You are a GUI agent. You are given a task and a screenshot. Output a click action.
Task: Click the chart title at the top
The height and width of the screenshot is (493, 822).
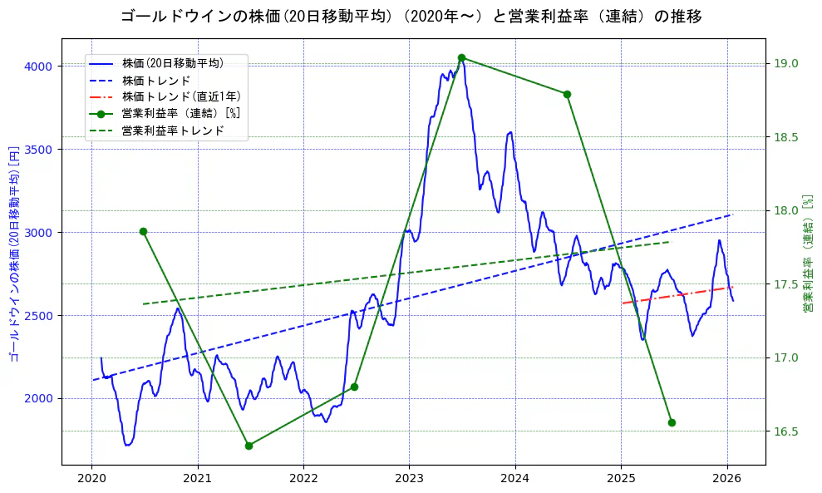click(x=411, y=16)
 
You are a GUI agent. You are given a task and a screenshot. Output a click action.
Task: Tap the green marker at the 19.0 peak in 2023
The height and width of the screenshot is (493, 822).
click(x=461, y=58)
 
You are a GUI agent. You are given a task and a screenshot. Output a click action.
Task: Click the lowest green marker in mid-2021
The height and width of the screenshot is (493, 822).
click(x=249, y=446)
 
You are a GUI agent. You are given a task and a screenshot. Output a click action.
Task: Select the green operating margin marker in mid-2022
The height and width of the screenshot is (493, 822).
click(x=354, y=387)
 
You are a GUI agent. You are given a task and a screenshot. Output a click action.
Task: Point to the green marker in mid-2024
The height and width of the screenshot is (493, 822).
click(x=567, y=94)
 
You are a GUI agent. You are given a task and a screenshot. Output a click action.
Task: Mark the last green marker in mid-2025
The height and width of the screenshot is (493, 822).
click(x=672, y=422)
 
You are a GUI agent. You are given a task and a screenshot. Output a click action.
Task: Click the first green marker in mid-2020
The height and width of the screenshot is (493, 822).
click(x=143, y=231)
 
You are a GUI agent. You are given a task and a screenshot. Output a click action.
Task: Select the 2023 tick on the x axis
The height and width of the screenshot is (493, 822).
click(x=409, y=478)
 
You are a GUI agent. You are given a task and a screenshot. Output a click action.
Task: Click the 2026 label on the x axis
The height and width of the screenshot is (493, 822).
click(x=727, y=478)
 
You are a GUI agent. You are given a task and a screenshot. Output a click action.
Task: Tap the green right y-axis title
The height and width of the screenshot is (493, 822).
click(x=808, y=254)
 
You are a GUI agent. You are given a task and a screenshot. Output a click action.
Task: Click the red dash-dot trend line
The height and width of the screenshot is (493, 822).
click(x=673, y=295)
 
